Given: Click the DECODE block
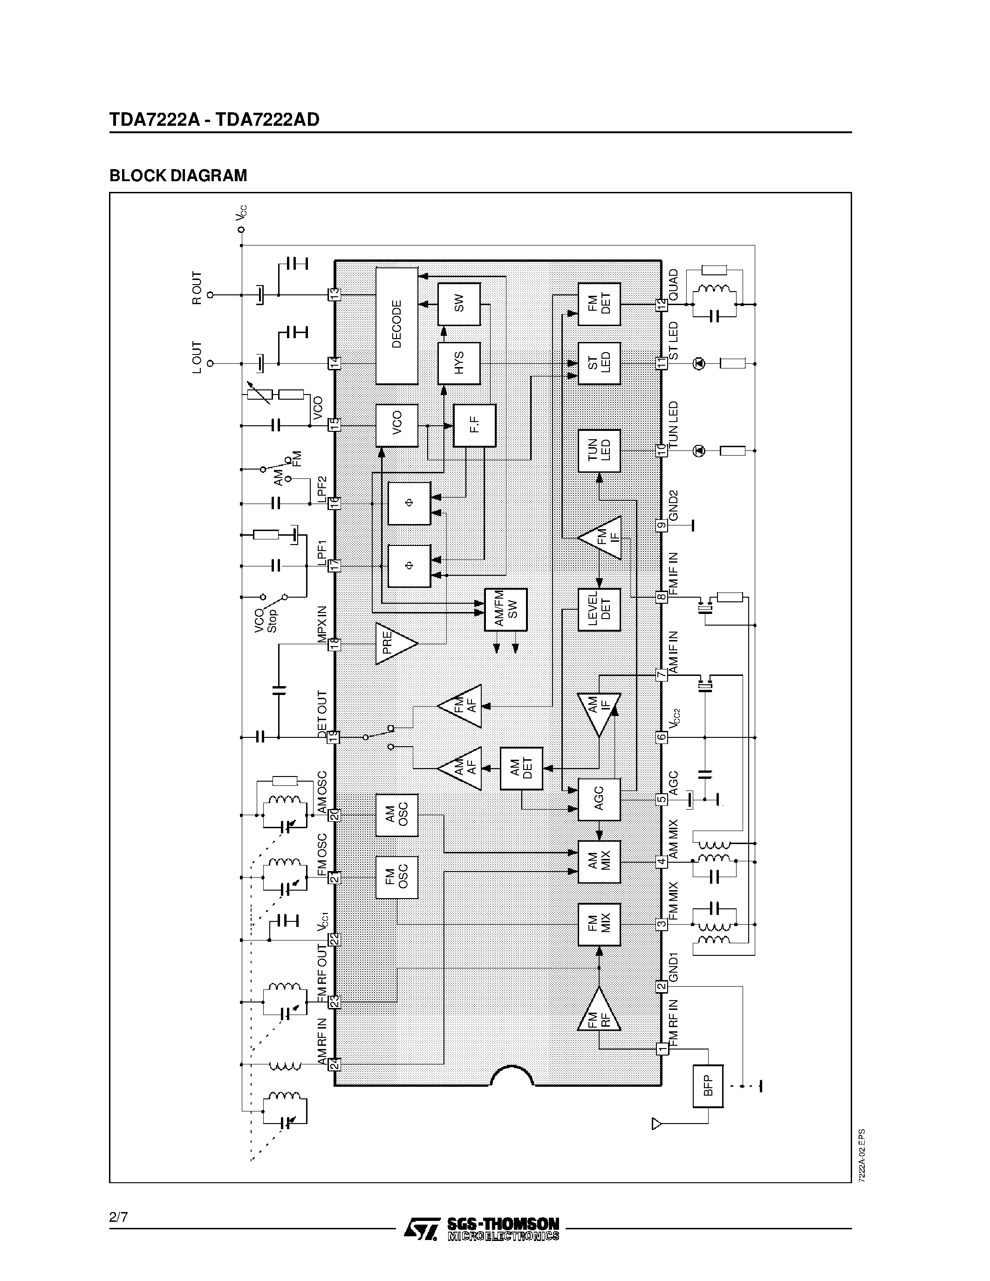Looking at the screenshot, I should click(x=396, y=326).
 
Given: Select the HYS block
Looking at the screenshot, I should click(x=458, y=363).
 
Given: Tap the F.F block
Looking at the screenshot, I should click(x=474, y=425).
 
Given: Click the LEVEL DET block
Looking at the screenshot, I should click(x=599, y=609).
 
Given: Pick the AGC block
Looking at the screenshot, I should click(x=599, y=799).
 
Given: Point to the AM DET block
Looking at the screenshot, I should click(x=521, y=768).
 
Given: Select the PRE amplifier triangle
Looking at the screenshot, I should click(x=393, y=643).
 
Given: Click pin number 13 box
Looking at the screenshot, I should click(x=334, y=294).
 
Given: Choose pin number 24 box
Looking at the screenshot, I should click(x=334, y=1064).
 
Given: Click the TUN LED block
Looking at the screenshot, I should click(x=599, y=450).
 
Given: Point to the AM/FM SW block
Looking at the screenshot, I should click(x=505, y=609).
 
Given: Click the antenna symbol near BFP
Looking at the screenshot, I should click(x=657, y=1124).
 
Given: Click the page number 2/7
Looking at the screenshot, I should click(x=118, y=1217).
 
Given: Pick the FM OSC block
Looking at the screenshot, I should click(x=396, y=877).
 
